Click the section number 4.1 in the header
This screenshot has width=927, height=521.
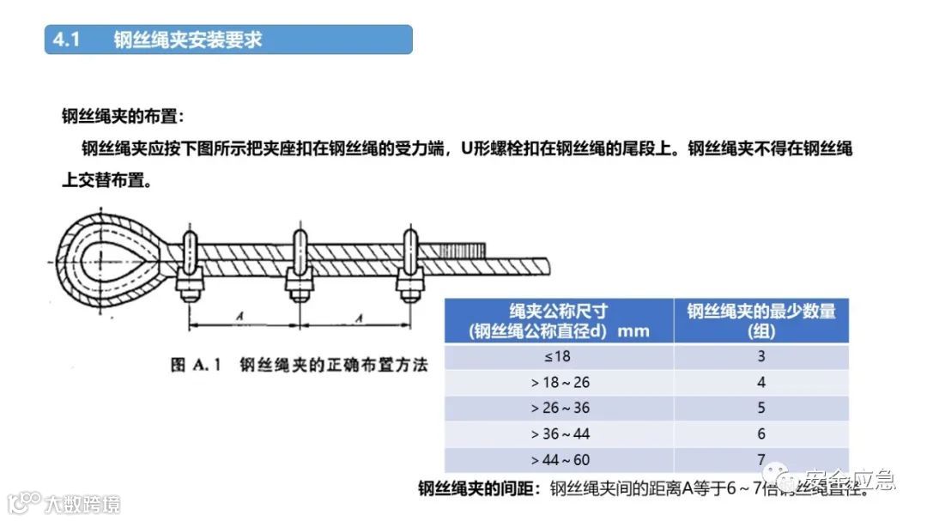coord(66,40)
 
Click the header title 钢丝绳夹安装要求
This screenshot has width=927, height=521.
coord(187,40)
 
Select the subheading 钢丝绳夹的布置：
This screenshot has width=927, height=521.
coord(123,116)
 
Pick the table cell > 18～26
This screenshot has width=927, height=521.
coord(560,382)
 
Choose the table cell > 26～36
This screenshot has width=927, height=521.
coord(560,408)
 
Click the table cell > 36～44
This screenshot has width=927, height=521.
coord(560,434)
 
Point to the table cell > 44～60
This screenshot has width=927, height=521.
coord(560,460)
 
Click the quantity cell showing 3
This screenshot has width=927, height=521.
coord(760,356)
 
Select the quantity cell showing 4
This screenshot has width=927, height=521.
coord(760,382)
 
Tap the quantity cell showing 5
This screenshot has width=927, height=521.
coord(760,408)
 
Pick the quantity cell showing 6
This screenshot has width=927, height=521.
coord(760,434)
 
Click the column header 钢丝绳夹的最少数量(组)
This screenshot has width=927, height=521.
coord(760,320)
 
